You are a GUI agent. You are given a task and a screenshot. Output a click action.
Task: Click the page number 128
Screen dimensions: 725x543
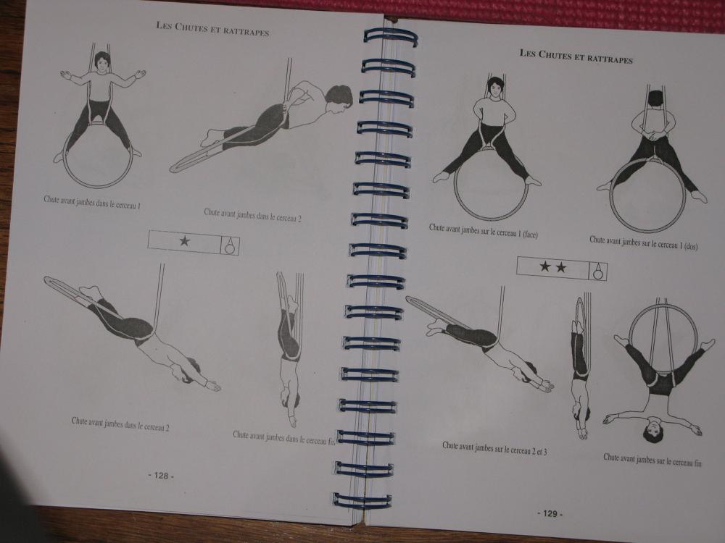click(x=161, y=476)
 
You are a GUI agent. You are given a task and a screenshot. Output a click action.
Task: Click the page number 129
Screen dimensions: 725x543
click(x=550, y=513)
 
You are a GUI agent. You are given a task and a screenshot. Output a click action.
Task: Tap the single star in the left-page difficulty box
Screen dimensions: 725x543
click(x=184, y=240)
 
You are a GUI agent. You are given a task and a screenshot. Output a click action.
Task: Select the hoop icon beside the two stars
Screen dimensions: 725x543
click(x=598, y=271)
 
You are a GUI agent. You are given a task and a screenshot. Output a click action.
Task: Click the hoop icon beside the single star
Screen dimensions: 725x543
click(x=230, y=245)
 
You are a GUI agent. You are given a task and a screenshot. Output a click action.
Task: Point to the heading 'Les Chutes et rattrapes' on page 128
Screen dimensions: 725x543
click(x=212, y=29)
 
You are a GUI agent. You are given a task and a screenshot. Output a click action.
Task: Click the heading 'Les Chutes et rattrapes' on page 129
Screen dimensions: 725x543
click(x=576, y=56)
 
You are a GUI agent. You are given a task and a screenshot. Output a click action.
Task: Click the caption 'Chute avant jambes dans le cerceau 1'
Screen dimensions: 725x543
click(x=92, y=202)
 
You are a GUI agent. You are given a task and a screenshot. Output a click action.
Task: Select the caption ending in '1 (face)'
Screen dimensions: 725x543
click(x=483, y=231)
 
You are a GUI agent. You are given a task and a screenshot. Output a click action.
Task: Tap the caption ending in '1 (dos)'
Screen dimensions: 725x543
click(x=643, y=243)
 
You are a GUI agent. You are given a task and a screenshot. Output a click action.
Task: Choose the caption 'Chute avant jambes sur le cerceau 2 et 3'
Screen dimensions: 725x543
click(x=494, y=448)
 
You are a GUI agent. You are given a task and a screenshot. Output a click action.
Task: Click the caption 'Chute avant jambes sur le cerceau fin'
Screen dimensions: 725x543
click(x=652, y=460)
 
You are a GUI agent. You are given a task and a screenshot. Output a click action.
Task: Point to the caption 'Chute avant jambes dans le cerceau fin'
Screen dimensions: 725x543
click(x=283, y=437)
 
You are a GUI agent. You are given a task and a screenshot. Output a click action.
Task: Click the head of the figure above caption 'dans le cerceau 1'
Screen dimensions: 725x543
click(x=102, y=62)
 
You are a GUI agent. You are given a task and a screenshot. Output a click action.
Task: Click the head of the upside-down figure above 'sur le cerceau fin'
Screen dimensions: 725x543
click(x=654, y=429)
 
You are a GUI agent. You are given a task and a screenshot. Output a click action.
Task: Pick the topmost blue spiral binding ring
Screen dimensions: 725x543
click(x=391, y=36)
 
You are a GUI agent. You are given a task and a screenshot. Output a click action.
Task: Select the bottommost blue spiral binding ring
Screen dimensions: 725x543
click(x=362, y=500)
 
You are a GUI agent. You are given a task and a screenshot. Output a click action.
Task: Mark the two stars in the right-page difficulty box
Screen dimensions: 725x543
click(x=553, y=267)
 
